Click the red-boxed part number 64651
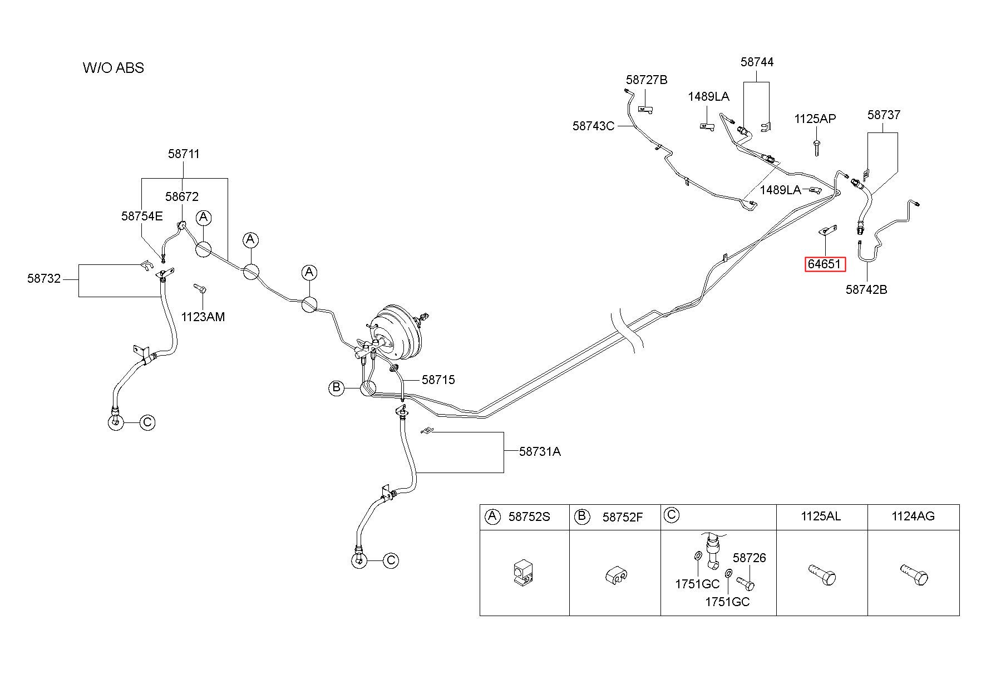click(825, 264)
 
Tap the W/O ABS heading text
click(114, 68)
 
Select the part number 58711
click(184, 154)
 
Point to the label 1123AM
click(203, 317)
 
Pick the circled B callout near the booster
click(336, 387)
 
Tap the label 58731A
click(540, 451)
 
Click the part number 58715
click(438, 380)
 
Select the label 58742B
click(866, 289)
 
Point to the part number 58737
click(884, 115)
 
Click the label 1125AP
click(815, 119)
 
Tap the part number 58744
click(757, 62)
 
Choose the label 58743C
click(593, 126)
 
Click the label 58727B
click(647, 80)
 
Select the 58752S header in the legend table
click(529, 517)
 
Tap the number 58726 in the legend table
click(749, 558)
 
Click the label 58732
click(44, 278)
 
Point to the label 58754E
click(142, 216)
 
